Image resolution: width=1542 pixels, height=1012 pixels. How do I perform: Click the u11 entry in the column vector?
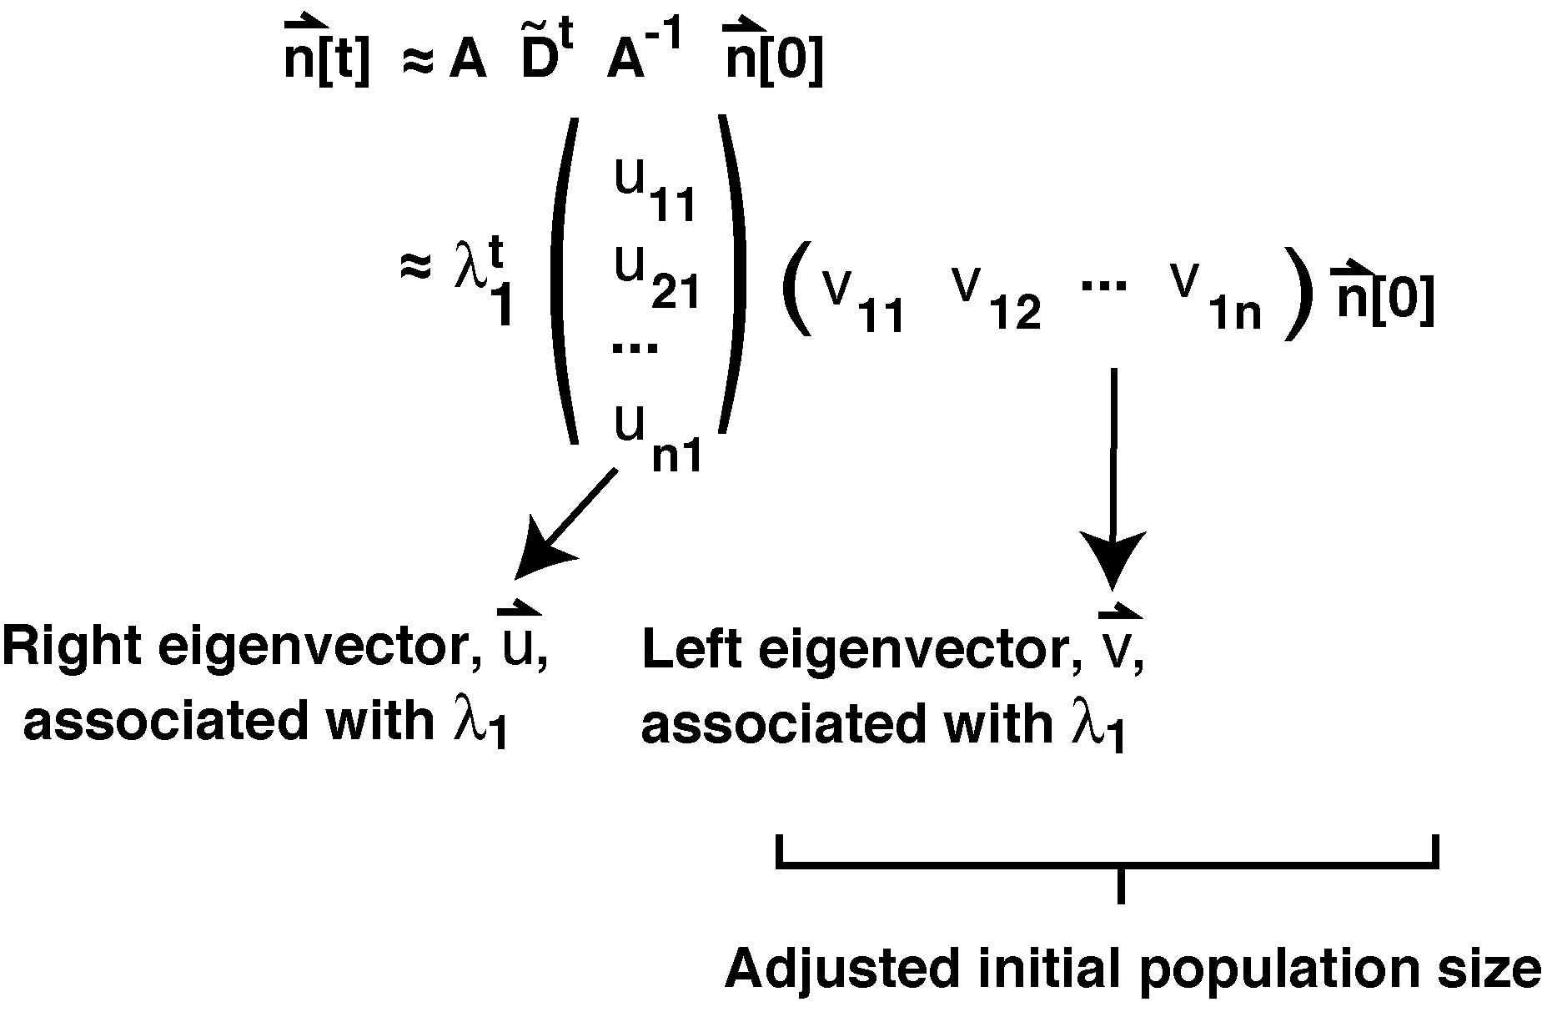(655, 190)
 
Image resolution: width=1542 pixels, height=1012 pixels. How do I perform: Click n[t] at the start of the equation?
(325, 58)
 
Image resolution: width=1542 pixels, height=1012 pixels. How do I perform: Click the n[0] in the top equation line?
(774, 58)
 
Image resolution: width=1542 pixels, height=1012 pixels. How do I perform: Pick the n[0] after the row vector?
(1384, 296)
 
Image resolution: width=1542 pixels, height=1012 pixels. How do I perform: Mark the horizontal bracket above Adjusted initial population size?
(1108, 865)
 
